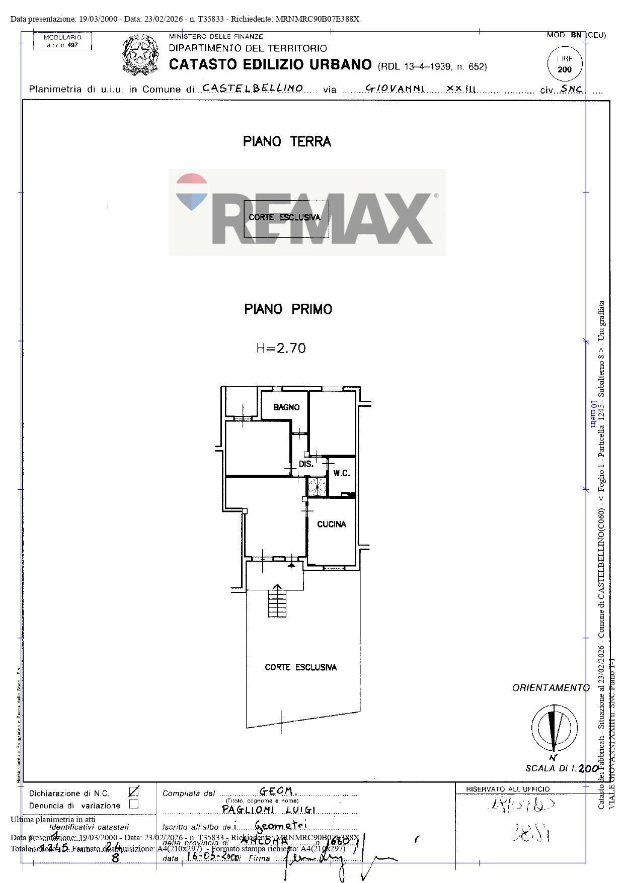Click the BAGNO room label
286,407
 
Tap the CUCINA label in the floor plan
331,524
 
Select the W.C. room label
342,473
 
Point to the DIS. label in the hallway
306,464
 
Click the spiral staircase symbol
318,487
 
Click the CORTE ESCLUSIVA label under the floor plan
300,667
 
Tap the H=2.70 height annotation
281,348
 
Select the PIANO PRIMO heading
288,309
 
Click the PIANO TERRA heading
287,142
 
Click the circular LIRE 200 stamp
565,64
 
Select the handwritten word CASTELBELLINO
253,88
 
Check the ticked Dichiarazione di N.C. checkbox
134,792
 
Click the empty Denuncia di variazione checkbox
134,804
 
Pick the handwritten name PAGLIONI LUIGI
269,810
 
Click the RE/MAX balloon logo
192,192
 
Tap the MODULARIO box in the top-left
62,41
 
